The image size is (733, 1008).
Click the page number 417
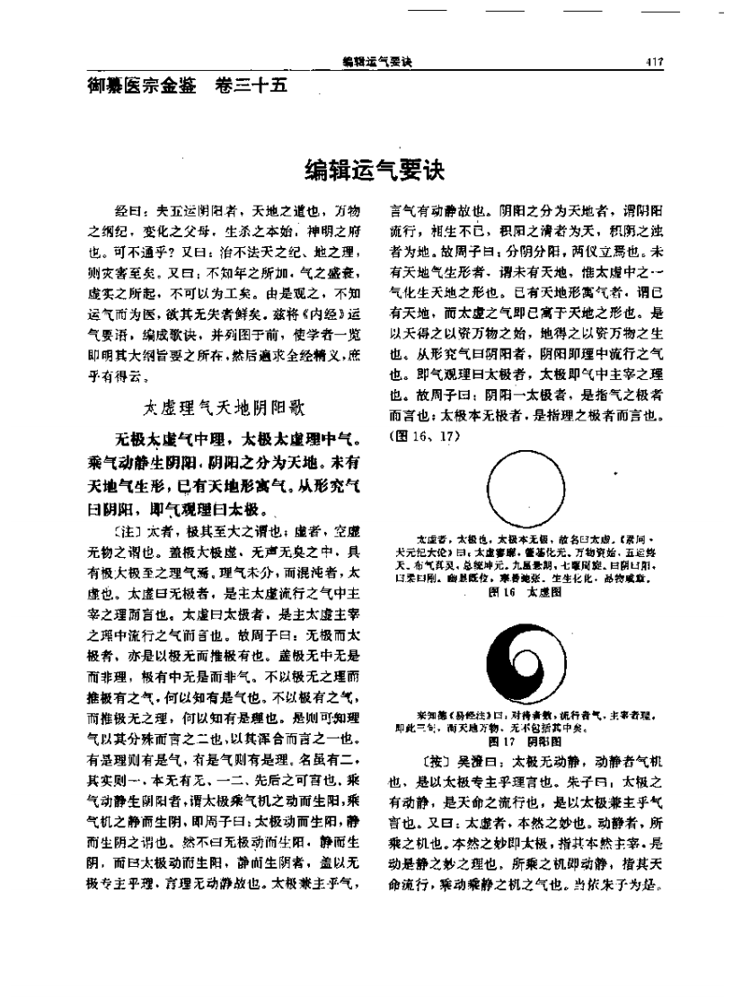[653, 62]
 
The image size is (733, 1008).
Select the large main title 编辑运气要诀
[376, 169]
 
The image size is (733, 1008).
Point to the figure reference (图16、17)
[416, 437]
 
